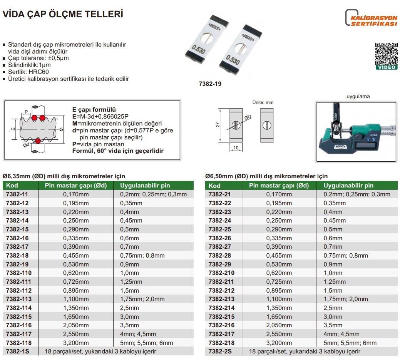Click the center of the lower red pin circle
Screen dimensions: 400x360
pyautogui.click(x=38, y=140)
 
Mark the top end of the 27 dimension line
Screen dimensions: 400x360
pyautogui.click(x=220, y=109)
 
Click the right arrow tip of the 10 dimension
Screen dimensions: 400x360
pyautogui.click(x=242, y=150)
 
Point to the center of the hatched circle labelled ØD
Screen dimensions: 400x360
pyautogui.click(x=236, y=125)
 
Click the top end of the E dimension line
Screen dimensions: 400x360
pyautogui.click(x=15, y=119)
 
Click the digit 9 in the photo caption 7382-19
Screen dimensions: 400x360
pyautogui.click(x=220, y=84)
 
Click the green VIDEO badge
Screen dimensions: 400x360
pyautogui.click(x=387, y=67)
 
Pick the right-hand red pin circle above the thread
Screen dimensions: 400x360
pyautogui.click(x=42, y=118)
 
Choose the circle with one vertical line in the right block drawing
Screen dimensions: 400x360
pyautogui.click(x=267, y=125)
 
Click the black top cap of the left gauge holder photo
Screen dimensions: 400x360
pyautogui.click(x=219, y=20)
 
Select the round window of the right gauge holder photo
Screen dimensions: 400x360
pyautogui.click(x=240, y=49)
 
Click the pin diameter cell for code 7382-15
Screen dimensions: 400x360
pyautogui.click(x=76, y=229)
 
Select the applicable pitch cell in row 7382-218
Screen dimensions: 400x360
pyautogui.click(x=350, y=343)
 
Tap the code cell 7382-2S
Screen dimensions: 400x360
pyautogui.click(x=220, y=352)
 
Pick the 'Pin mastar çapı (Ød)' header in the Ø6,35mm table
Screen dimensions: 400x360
pyautogui.click(x=76, y=186)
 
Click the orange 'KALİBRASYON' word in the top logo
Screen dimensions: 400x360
pyautogui.click(x=374, y=18)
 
